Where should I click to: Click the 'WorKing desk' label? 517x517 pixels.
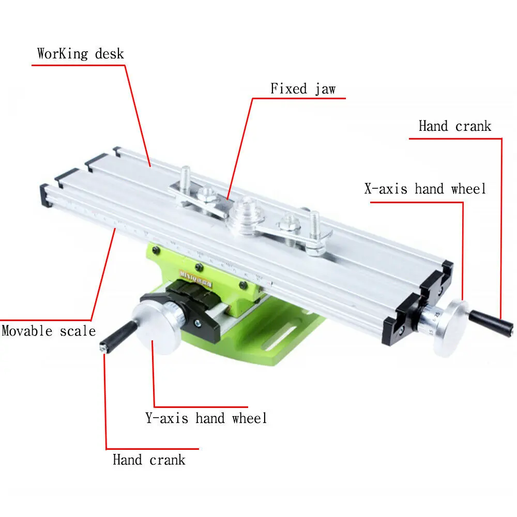coord(80,54)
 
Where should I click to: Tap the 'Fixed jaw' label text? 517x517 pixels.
coord(303,89)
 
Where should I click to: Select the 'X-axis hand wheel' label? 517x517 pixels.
coord(425,189)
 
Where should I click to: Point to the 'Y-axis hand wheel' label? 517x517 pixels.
coord(206,418)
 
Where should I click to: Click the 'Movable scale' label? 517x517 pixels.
coord(49,331)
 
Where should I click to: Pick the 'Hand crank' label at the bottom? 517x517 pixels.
coord(149,460)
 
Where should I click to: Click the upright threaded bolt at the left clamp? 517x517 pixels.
coord(185,177)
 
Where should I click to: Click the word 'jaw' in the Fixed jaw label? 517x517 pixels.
coord(325,89)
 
